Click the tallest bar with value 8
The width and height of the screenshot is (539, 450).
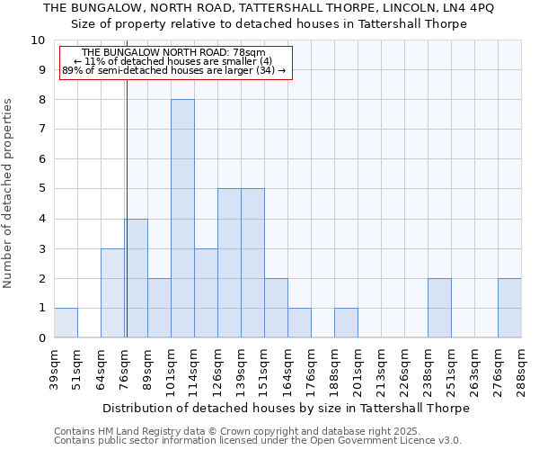click(x=182, y=219)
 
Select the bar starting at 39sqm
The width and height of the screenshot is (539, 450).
click(x=66, y=323)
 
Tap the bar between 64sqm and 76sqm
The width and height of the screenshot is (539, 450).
click(x=112, y=293)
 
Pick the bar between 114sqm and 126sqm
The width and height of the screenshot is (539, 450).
click(x=206, y=293)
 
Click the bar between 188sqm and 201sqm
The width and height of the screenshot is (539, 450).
click(x=346, y=323)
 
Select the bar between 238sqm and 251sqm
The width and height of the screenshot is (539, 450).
click(x=439, y=309)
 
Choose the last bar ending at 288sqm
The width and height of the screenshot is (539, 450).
click(x=509, y=309)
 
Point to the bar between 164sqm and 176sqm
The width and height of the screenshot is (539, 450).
click(x=299, y=323)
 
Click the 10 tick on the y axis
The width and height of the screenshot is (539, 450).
click(x=38, y=40)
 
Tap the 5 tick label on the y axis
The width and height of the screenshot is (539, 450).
click(x=41, y=189)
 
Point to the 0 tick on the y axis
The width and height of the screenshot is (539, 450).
click(x=41, y=338)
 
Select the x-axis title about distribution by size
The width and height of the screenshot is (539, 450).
click(x=287, y=408)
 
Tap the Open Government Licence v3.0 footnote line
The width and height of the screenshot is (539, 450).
click(x=258, y=441)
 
